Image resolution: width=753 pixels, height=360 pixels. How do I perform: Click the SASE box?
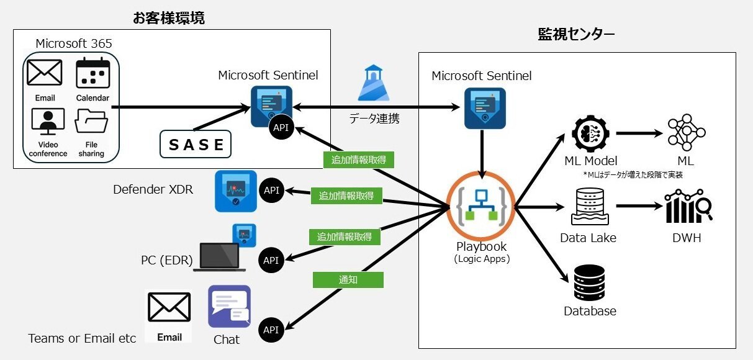(196, 144)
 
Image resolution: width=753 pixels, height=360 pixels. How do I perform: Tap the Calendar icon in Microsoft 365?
(92, 73)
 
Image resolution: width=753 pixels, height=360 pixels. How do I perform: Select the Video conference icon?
(48, 121)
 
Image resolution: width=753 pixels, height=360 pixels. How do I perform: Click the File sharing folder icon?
(91, 121)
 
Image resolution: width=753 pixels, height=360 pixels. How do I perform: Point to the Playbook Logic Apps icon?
(480, 205)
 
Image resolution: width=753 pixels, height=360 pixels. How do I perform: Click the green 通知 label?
(348, 280)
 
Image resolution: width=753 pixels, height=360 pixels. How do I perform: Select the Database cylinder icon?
(589, 282)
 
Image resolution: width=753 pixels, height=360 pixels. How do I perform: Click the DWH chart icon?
(688, 205)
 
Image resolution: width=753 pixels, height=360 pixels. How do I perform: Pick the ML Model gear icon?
(590, 133)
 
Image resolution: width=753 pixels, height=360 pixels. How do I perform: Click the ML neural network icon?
(687, 132)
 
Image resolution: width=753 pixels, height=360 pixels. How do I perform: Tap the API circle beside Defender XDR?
(272, 191)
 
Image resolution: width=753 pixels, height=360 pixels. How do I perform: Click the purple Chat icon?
(229, 307)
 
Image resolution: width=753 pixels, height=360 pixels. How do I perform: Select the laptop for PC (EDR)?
(219, 257)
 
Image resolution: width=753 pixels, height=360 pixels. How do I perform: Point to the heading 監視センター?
(576, 34)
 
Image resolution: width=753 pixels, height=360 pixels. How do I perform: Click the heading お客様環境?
(169, 18)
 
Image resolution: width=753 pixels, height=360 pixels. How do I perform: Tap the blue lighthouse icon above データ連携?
(374, 83)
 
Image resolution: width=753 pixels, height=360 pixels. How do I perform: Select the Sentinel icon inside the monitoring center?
(485, 108)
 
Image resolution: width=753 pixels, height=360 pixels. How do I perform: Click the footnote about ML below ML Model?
(633, 175)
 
